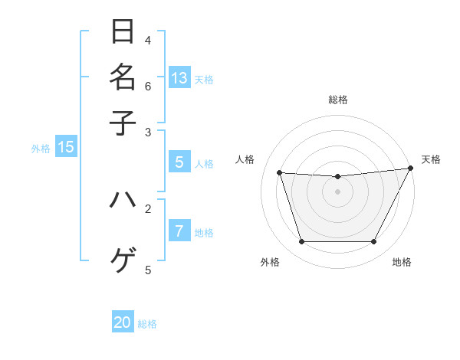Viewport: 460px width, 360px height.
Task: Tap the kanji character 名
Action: tap(123, 77)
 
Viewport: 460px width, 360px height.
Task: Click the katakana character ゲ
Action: tap(123, 260)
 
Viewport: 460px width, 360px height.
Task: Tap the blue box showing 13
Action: tap(179, 77)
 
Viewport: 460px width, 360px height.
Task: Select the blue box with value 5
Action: tap(179, 162)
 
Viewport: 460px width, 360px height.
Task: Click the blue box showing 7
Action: tap(179, 231)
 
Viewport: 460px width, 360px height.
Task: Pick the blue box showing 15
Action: tap(66, 147)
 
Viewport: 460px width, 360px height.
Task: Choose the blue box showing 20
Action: tap(123, 322)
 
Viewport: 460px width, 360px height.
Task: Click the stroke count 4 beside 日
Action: tap(148, 40)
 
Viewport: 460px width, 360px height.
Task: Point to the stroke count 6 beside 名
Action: tap(148, 85)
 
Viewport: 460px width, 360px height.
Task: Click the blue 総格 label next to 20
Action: tap(147, 324)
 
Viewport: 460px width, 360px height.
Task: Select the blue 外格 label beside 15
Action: tap(41, 149)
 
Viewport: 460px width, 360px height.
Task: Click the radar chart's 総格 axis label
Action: tap(337, 100)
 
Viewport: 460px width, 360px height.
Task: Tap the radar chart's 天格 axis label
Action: tap(431, 159)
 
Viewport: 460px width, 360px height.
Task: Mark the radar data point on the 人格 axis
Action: tap(280, 173)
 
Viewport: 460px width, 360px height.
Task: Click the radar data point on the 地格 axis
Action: tap(373, 242)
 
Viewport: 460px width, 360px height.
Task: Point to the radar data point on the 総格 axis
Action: tap(337, 177)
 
